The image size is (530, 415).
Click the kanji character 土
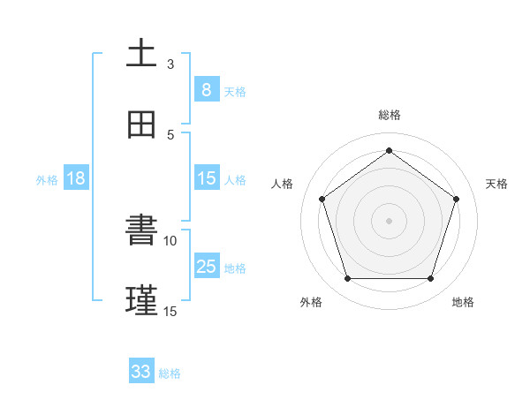(141, 53)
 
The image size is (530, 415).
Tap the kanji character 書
(141, 230)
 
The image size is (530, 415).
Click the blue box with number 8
(206, 90)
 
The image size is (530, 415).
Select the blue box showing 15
(206, 178)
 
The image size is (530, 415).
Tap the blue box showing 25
(206, 267)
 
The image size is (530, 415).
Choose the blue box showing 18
(76, 178)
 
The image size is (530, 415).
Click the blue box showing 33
(141, 372)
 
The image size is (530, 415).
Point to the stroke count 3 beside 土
(170, 64)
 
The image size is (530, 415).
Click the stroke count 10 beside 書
(170, 240)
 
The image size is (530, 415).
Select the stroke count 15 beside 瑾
(170, 311)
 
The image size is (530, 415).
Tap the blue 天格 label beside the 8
(235, 92)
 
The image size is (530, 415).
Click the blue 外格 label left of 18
(47, 180)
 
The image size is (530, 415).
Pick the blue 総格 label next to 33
(170, 373)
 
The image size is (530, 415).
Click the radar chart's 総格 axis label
(389, 115)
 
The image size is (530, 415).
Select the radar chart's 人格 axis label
(283, 184)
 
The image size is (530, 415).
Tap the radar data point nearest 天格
(457, 199)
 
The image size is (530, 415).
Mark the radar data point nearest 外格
(347, 279)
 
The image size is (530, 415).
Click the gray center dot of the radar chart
(389, 221)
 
